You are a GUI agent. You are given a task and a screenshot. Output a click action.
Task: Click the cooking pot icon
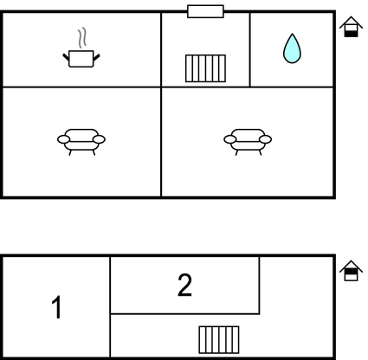pos(81,59)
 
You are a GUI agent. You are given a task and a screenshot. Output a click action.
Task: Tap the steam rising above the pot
pos(82,37)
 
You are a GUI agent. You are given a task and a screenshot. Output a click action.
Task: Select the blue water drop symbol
pos(292,48)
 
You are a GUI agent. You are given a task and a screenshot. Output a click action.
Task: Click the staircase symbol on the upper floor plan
pos(205,68)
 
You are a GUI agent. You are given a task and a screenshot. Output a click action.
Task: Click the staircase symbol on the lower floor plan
pos(219,340)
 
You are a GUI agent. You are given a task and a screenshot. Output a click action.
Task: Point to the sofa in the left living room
pos(81,142)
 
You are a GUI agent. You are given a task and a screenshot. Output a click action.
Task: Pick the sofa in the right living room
pos(248,142)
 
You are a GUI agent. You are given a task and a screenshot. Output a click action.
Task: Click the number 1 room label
pos(57,307)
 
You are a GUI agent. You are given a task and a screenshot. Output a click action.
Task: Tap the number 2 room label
pos(184,285)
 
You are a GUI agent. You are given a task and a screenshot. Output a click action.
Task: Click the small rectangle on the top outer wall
pos(205,11)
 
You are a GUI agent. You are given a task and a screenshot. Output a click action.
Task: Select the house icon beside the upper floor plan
pos(351,27)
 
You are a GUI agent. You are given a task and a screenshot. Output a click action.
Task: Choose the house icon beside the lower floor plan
pos(351,271)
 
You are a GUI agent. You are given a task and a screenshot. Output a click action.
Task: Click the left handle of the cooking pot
pos(66,57)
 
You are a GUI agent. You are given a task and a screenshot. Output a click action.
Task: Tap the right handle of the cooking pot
pos(96,57)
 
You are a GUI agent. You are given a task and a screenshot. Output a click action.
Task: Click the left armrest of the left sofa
pos(63,139)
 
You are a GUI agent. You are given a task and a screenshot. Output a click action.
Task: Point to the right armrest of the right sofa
pos(265,139)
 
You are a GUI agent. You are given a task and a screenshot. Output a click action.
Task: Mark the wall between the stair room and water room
pos(250,49)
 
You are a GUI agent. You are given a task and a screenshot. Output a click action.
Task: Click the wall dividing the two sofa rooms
pos(161,142)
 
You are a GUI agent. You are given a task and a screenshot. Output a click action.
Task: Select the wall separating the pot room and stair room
pos(161,49)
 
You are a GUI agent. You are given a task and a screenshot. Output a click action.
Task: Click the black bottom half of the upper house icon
pos(351,34)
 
